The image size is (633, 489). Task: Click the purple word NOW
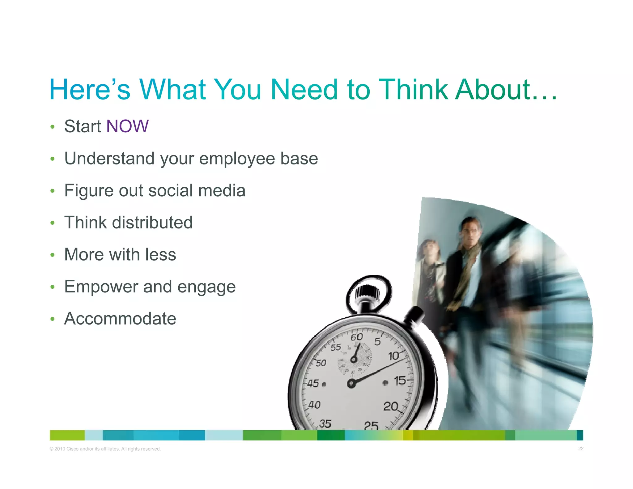pyautogui.click(x=127, y=126)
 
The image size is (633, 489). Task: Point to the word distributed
pyautogui.click(x=152, y=223)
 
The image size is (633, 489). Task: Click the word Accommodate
pyautogui.click(x=120, y=319)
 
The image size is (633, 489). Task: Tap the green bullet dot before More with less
pyautogui.click(x=53, y=255)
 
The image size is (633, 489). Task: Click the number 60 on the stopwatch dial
pyautogui.click(x=356, y=337)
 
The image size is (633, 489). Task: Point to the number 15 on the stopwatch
pyautogui.click(x=400, y=381)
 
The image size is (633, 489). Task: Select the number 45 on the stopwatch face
pyautogui.click(x=313, y=384)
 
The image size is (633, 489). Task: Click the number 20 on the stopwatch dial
pyautogui.click(x=391, y=406)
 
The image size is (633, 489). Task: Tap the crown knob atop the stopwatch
pyautogui.click(x=367, y=292)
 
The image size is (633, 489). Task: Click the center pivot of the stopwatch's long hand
pyautogui.click(x=351, y=384)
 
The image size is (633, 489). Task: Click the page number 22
pyautogui.click(x=581, y=449)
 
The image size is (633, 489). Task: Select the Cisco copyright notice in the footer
pyautogui.click(x=105, y=449)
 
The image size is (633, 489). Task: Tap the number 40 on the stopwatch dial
pyautogui.click(x=314, y=405)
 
